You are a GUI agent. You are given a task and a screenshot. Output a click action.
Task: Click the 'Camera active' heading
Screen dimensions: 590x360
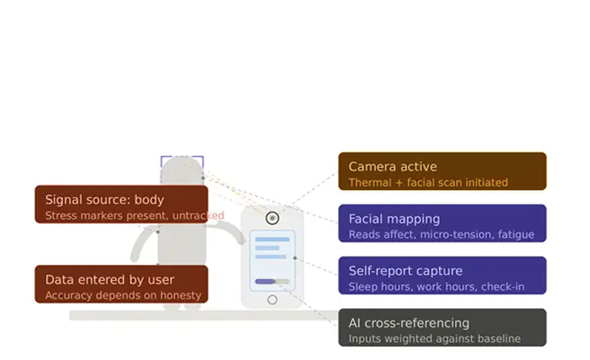pos(393,166)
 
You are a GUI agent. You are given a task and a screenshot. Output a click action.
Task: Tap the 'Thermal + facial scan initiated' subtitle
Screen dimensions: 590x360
pos(428,182)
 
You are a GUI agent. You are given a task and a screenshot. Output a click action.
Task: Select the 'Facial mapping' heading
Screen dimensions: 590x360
pos(394,219)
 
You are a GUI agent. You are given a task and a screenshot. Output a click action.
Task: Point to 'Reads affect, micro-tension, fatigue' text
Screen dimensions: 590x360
pos(441,235)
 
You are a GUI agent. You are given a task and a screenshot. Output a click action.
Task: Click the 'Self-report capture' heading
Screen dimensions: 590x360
pos(406,271)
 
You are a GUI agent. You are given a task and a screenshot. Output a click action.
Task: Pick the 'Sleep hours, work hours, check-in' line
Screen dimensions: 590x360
pos(437,287)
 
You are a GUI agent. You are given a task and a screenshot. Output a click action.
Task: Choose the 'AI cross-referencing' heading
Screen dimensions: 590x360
pos(409,323)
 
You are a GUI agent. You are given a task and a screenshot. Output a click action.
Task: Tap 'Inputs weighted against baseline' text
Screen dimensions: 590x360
pos(434,339)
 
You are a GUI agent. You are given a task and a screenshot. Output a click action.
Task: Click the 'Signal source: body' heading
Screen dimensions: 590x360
pos(104,200)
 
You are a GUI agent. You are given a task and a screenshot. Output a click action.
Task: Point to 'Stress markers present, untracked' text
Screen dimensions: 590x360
pos(135,215)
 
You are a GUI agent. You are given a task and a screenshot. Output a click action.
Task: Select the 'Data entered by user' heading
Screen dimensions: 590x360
pos(110,279)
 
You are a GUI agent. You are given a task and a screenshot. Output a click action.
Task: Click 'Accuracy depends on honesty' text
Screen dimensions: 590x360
pos(123,295)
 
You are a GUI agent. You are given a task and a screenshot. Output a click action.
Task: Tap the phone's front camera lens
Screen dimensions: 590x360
pos(272,218)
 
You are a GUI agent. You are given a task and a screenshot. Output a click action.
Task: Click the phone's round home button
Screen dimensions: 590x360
pos(272,300)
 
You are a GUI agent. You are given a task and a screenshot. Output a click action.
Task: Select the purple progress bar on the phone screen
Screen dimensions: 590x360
pos(265,281)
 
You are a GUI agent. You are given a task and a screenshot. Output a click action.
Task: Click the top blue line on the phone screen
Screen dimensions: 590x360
pos(272,239)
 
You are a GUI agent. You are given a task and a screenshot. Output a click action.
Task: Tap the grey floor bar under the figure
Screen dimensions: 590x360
pos(204,316)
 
